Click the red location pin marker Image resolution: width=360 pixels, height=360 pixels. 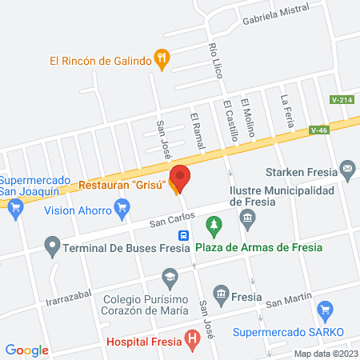click(180, 178)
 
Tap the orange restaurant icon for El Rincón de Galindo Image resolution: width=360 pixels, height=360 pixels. click(162, 57)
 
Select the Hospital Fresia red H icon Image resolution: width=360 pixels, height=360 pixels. click(192, 339)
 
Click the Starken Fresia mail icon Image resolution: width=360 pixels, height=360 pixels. click(347, 169)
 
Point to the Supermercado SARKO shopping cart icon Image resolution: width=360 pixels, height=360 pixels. click(324, 310)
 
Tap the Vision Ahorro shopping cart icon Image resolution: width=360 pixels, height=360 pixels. click(122, 210)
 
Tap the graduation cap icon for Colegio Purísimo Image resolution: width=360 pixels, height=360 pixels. click(169, 278)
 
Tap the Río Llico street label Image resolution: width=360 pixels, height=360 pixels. click(214, 59)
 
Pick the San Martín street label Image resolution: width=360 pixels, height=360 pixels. click(288, 302)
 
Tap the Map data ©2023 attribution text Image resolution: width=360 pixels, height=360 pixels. click(324, 354)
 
